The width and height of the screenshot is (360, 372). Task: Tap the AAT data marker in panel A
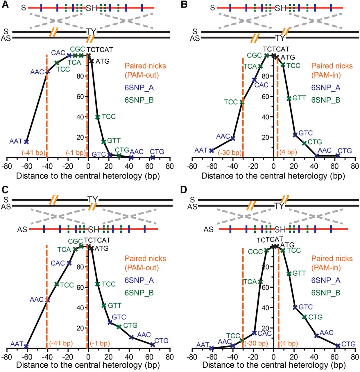click(26, 142)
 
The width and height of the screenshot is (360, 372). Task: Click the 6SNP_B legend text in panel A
click(139, 100)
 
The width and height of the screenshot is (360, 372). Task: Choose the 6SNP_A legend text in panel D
click(326, 280)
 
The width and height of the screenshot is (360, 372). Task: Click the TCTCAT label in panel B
click(276, 49)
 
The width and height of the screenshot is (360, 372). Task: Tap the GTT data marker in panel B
click(289, 99)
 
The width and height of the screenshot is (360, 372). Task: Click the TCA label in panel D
click(250, 282)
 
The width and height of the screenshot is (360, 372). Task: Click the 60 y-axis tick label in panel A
click(80, 97)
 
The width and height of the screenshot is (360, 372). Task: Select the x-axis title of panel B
click(273, 176)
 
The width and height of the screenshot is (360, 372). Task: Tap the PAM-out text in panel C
click(142, 268)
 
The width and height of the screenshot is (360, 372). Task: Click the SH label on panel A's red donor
click(92, 8)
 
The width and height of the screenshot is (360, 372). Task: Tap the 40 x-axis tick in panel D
click(314, 357)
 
